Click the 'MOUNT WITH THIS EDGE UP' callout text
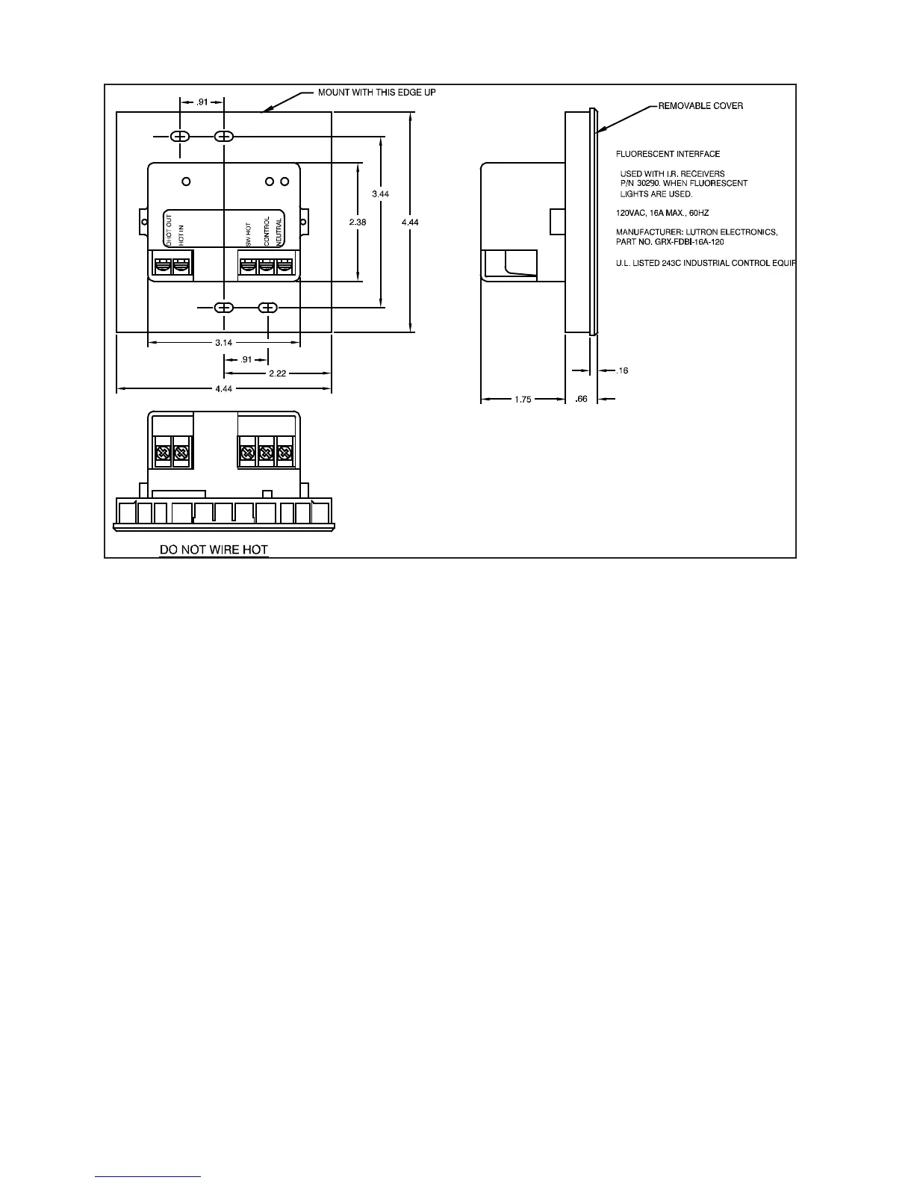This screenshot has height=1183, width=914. pos(376,93)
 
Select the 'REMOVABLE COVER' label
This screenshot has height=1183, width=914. pos(700,106)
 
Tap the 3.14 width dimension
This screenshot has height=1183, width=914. pos(224,343)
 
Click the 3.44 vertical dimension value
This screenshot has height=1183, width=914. pos(381,194)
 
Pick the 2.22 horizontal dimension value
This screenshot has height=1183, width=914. pos(278,373)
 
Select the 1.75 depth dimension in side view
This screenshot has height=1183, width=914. pos(523,400)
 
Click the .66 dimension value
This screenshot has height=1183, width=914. pos(582,400)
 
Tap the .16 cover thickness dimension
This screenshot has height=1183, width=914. pos(623,370)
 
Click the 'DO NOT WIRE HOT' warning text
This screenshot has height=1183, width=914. pos(214,550)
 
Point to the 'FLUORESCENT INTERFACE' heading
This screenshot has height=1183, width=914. pos(668,155)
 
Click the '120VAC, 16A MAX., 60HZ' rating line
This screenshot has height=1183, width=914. pos(662,214)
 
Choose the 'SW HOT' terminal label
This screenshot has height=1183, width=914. pos(249,234)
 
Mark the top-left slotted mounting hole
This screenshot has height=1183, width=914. pos(180,137)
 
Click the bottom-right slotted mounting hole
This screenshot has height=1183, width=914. pos(268,308)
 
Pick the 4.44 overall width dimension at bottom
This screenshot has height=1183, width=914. pos(224,389)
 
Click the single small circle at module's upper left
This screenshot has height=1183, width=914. pos(187,181)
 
